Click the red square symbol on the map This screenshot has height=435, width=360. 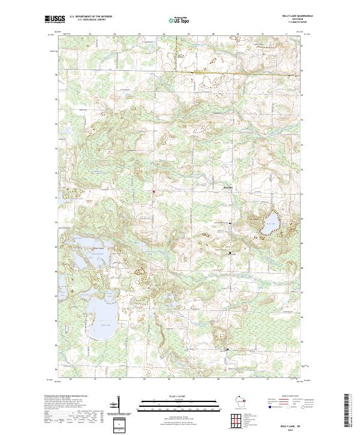[x=154, y=192]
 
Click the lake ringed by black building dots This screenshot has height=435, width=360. [x=269, y=223]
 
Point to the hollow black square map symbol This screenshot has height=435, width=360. [x=230, y=253]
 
